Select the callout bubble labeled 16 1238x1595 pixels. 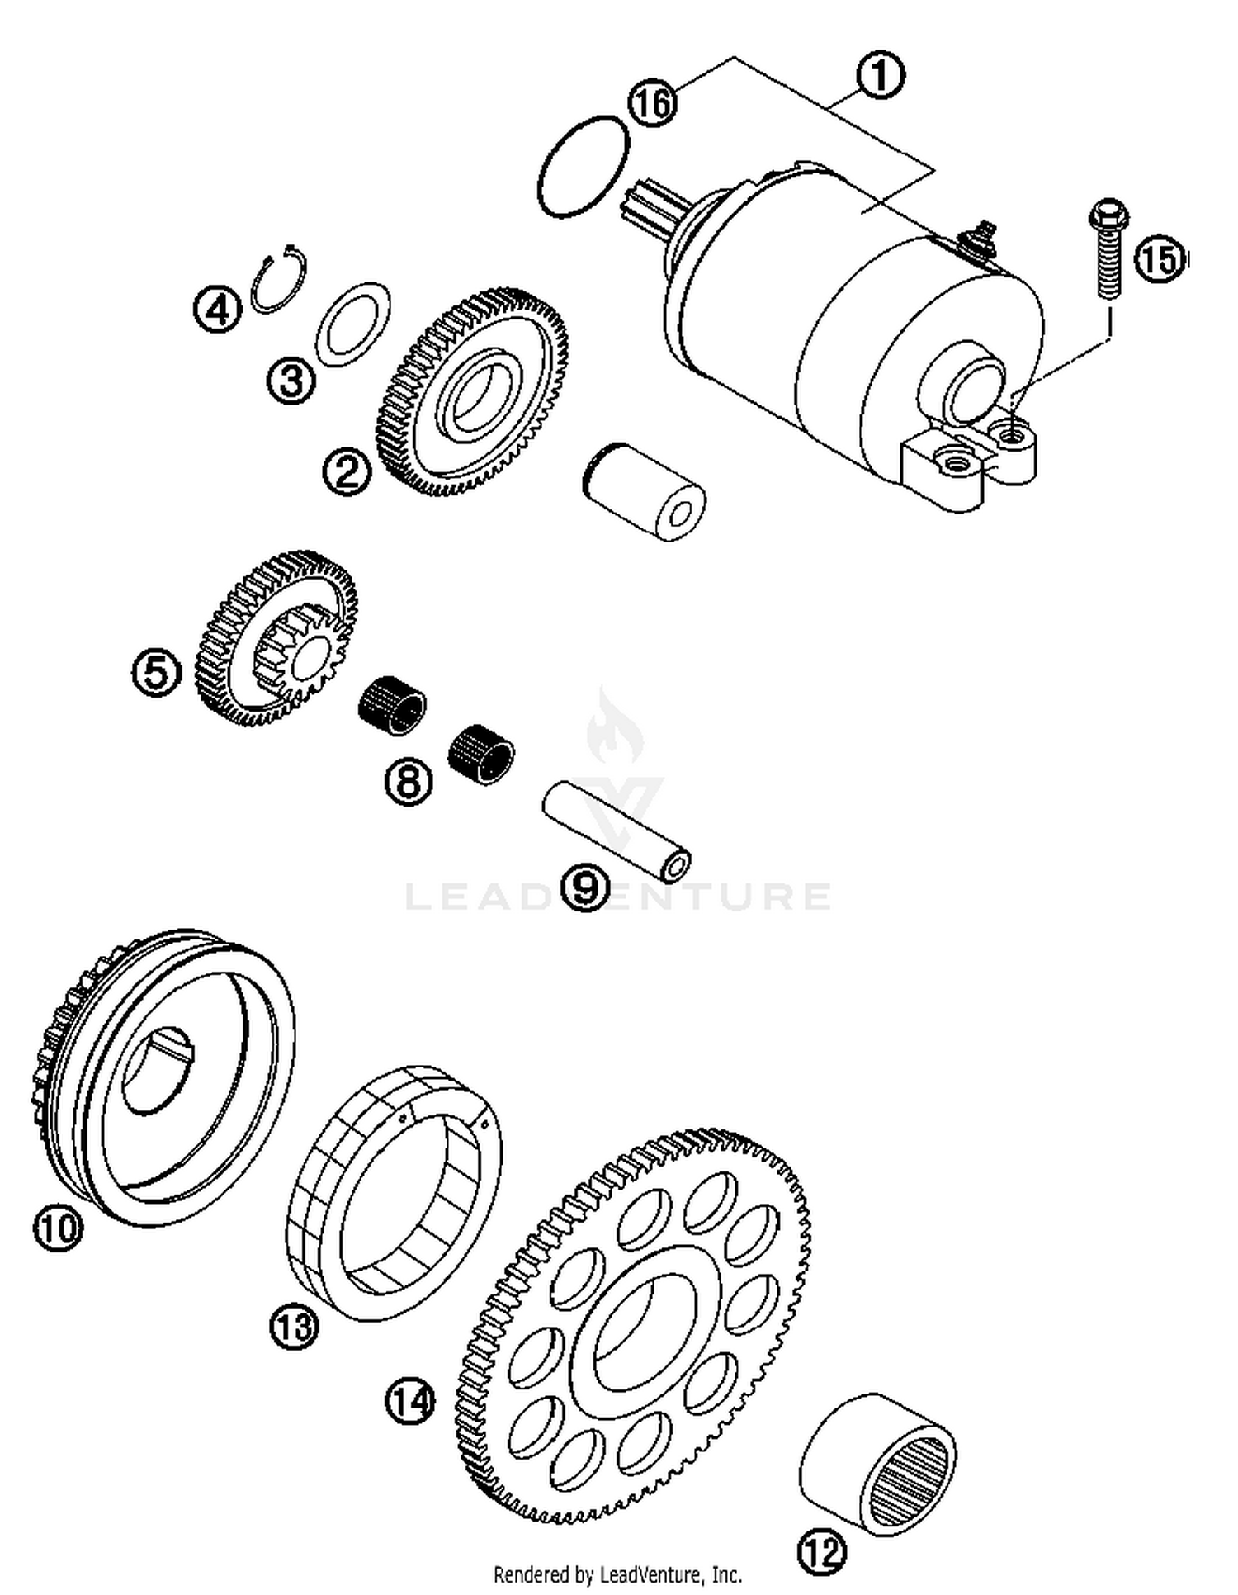pyautogui.click(x=652, y=104)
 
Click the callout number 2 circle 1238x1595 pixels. pyautogui.click(x=347, y=472)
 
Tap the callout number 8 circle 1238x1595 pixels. pyautogui.click(x=409, y=779)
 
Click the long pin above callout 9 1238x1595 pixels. pyautogui.click(x=616, y=831)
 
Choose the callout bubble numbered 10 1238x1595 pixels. pyautogui.click(x=58, y=1228)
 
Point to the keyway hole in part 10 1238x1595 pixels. pyautogui.click(x=159, y=1072)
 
